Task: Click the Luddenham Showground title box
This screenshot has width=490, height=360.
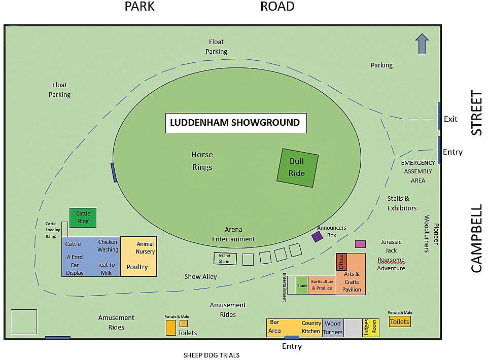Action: pyautogui.click(x=236, y=123)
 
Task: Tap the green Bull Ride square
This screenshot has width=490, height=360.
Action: pyautogui.click(x=297, y=167)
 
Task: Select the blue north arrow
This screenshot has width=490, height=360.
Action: pyautogui.click(x=422, y=44)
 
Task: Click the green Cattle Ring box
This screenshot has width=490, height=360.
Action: pyautogui.click(x=83, y=218)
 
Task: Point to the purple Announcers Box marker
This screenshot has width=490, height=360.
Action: pyautogui.click(x=318, y=236)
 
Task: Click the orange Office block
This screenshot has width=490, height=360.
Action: pyautogui.click(x=341, y=262)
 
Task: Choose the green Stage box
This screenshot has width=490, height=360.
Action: pyautogui.click(x=302, y=285)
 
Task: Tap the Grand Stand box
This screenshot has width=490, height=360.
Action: pyautogui.click(x=225, y=259)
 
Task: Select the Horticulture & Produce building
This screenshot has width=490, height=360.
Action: pyautogui.click(x=322, y=285)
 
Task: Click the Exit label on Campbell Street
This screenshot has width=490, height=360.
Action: pyautogui.click(x=450, y=119)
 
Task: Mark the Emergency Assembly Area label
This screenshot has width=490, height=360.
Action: pyautogui.click(x=418, y=171)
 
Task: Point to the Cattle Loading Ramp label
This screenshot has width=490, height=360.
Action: pyautogui.click(x=53, y=230)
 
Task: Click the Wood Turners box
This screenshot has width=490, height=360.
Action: pyautogui.click(x=333, y=328)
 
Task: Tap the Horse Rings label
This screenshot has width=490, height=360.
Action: pyautogui.click(x=202, y=161)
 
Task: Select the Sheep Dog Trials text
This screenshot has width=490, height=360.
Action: pyautogui.click(x=211, y=355)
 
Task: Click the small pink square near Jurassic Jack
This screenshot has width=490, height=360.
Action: pyautogui.click(x=360, y=244)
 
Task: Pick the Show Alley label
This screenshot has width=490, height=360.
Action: pyautogui.click(x=200, y=277)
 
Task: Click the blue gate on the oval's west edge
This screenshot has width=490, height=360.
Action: pyautogui.click(x=114, y=172)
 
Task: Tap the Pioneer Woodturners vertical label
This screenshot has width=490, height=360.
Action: pyautogui.click(x=431, y=233)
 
